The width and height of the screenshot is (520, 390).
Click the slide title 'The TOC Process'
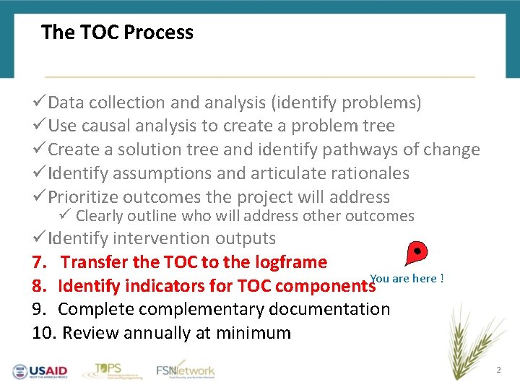coord(117,32)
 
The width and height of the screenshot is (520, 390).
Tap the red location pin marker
coord(417,253)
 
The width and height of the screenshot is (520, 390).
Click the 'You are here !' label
coord(407,279)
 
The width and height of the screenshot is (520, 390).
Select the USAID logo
coord(40,371)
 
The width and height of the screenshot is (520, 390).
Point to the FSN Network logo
coord(186,370)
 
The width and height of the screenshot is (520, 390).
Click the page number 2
coord(498,370)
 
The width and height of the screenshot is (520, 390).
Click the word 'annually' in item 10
coord(154,334)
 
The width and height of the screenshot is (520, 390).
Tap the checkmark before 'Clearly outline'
coord(66,215)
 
